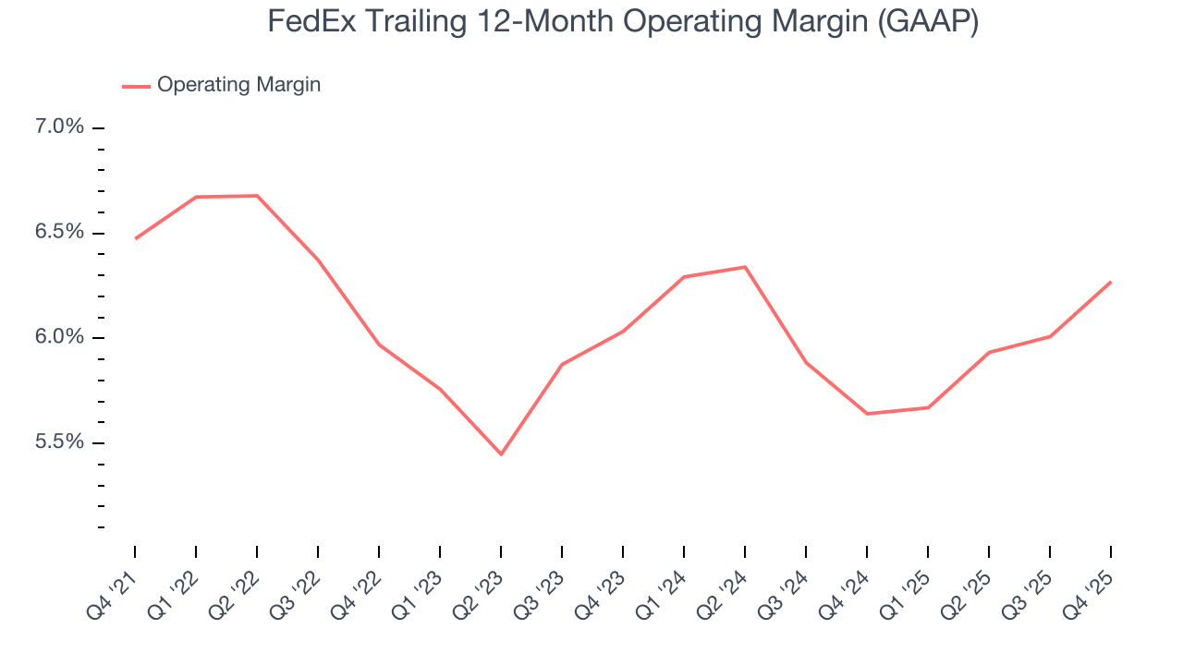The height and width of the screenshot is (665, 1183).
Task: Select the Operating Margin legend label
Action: point(238,85)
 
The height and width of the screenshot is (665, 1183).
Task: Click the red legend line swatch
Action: point(136,86)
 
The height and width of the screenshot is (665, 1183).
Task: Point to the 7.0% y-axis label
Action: point(59,127)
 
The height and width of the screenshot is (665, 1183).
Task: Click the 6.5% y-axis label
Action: point(59,232)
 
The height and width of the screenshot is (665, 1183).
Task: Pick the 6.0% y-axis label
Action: point(59,337)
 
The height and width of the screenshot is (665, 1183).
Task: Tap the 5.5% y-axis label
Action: point(59,442)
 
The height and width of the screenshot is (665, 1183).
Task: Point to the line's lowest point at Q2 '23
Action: point(501,454)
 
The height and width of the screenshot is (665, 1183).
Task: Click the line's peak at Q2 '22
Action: point(257,196)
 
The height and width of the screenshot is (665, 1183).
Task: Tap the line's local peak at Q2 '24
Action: point(745,267)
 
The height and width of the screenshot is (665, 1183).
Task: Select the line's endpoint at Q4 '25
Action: point(1110,282)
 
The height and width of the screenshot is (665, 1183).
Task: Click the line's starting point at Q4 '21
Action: point(135,238)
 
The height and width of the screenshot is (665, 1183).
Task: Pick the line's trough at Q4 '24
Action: point(867,413)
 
